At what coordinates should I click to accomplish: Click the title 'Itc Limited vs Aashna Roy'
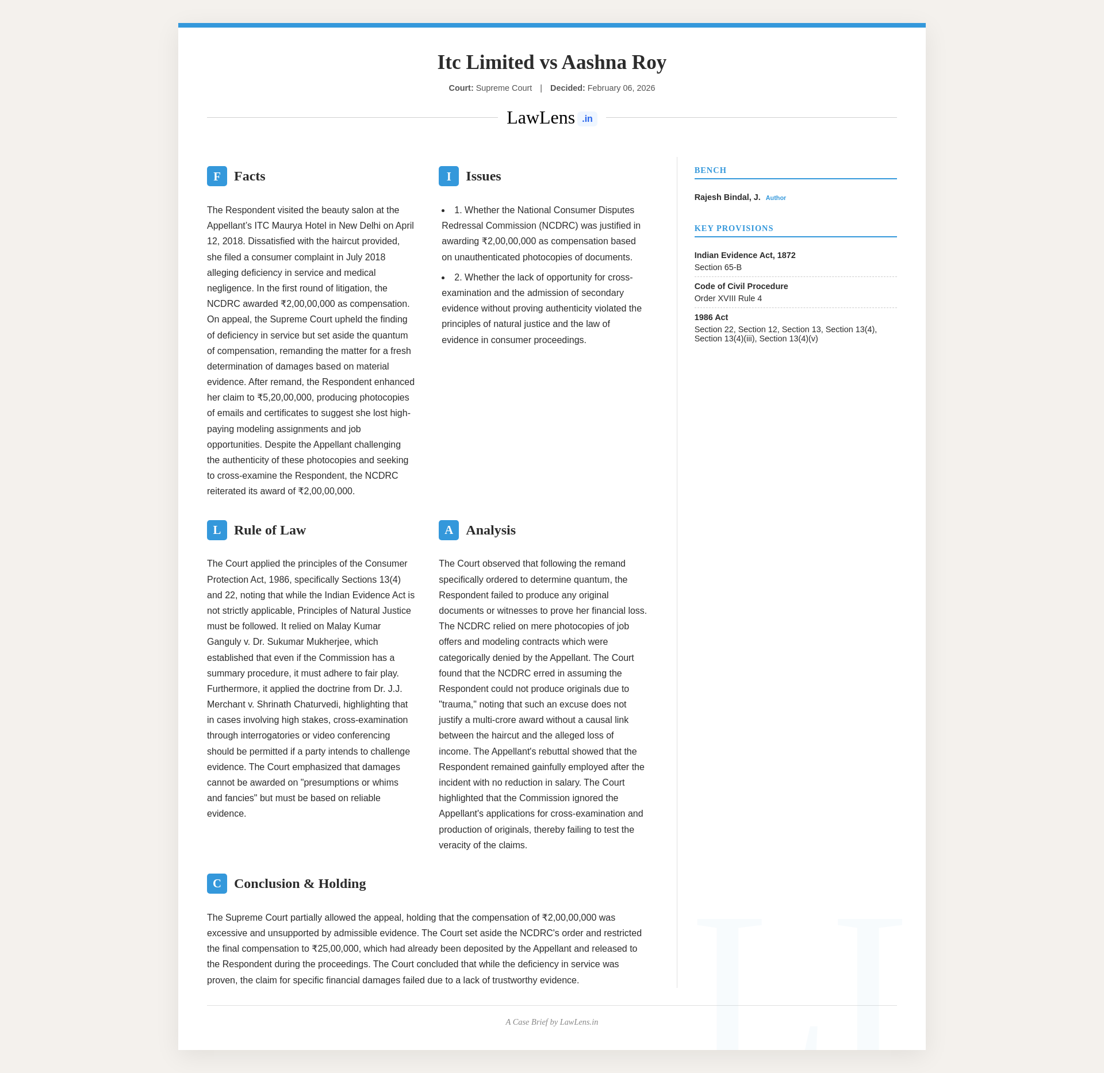551,62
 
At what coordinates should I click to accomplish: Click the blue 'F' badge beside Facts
217,176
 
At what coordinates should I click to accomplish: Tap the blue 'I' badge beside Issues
448,176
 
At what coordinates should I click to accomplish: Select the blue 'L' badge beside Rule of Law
217,530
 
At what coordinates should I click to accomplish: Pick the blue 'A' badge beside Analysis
448,530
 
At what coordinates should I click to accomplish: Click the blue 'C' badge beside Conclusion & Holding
217,883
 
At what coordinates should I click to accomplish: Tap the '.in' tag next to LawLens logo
587,119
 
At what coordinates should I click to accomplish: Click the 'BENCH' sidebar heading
710,170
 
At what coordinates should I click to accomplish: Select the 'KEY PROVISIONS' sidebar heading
734,228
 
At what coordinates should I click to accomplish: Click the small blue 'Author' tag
776,198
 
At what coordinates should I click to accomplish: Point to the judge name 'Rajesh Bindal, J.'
727,197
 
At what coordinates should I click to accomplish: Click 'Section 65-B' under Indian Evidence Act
718,267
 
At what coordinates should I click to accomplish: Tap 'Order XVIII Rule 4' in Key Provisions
728,298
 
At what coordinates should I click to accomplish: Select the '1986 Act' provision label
711,317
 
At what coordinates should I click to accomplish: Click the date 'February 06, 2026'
621,88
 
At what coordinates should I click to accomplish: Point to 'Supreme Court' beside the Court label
504,88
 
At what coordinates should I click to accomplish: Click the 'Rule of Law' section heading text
270,530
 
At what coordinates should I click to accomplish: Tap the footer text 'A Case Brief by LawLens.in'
551,1022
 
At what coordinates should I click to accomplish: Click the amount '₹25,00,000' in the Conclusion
335,948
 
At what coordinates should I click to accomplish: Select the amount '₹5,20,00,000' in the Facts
284,397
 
